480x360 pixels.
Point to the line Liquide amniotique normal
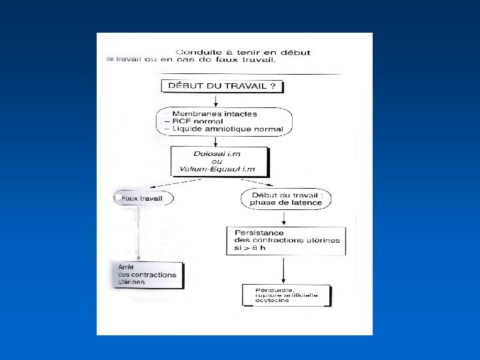226,129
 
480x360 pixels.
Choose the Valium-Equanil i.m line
219,169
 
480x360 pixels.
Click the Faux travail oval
142,198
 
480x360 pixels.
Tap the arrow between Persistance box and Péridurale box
285,269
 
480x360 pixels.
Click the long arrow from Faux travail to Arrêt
138,233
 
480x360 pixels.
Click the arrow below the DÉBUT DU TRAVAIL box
215,100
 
